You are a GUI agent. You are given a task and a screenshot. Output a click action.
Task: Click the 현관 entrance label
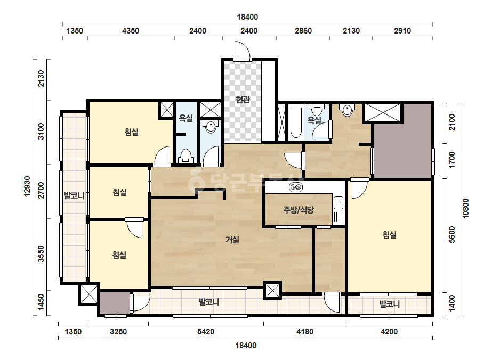click(x=243, y=100)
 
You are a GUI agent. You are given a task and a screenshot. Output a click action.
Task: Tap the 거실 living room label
click(x=232, y=240)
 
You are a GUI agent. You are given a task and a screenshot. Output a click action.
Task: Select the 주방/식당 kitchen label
click(x=299, y=210)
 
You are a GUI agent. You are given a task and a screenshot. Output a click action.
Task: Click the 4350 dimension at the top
click(x=131, y=31)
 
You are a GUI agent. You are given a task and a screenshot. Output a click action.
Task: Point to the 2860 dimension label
click(x=303, y=31)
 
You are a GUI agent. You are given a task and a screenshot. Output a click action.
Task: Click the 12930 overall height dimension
click(x=27, y=186)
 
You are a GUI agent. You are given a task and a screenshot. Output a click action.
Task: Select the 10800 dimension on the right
click(x=466, y=208)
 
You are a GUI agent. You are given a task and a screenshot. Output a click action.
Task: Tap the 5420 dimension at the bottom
click(x=206, y=331)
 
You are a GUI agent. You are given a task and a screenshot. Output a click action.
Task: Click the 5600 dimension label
click(x=452, y=234)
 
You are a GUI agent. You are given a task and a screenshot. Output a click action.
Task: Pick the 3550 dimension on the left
click(x=41, y=253)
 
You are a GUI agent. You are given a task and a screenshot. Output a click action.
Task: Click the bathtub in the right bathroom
click(x=295, y=123)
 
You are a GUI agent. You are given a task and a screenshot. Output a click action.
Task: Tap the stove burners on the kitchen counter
click(x=296, y=187)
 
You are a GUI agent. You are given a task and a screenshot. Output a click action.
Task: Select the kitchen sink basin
click(x=338, y=202)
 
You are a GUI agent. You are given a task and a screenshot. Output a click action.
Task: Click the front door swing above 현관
click(x=242, y=50)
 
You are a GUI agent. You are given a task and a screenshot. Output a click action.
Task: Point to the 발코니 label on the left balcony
click(x=74, y=195)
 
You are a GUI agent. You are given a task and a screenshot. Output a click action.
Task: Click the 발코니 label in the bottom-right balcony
click(x=390, y=304)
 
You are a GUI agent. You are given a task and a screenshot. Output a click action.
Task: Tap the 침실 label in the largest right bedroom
click(x=390, y=234)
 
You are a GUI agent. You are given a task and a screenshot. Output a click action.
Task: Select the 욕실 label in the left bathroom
click(x=185, y=118)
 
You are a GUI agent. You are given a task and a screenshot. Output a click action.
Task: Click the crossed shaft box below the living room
click(x=272, y=290)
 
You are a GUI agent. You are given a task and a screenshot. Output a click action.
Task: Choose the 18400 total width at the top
click(x=247, y=17)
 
